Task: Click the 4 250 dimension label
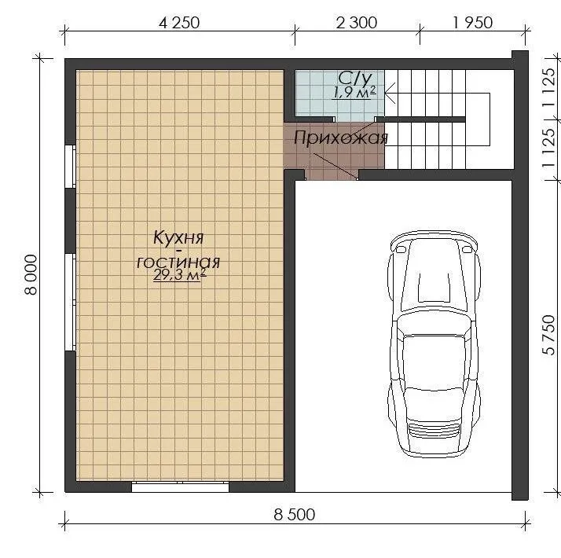tap(179, 23)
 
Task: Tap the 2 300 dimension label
tap(357, 23)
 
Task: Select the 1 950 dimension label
tap(473, 23)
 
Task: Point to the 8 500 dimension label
tap(295, 515)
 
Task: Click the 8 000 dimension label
tap(31, 275)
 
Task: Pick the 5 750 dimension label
tap(548, 335)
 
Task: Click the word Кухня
tap(178, 237)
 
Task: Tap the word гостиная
tap(178, 262)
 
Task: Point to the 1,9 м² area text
tap(354, 92)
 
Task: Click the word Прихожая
tap(341, 138)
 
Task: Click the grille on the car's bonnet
tap(434, 430)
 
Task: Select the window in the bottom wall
tap(181, 486)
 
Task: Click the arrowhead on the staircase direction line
tap(390, 93)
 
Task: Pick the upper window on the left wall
tap(70, 167)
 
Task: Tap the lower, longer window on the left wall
tap(70, 302)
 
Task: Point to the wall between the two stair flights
tap(421, 119)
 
